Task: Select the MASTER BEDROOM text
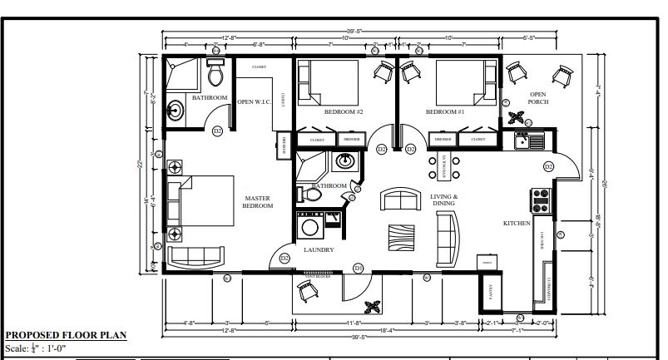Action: point(257,202)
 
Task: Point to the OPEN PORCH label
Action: point(538,98)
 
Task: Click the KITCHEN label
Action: point(517,224)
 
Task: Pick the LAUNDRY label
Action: point(319,249)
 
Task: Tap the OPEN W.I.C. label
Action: point(255,102)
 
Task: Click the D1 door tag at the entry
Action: point(359,268)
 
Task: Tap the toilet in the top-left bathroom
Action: point(216,75)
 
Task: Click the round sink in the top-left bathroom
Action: point(176,108)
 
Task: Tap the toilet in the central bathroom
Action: point(312,194)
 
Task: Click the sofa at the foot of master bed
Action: point(194,255)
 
